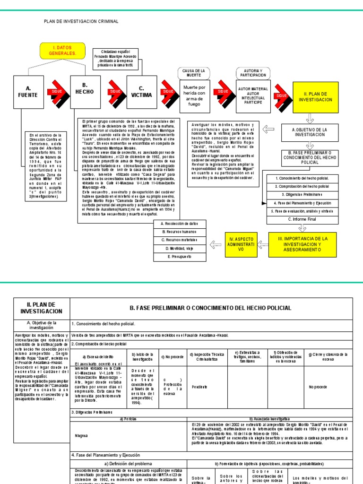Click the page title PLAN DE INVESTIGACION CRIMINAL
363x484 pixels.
click(x=81, y=21)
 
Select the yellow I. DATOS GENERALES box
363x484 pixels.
click(x=62, y=51)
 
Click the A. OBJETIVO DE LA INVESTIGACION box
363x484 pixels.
click(x=309, y=132)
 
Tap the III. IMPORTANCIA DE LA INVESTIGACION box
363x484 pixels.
click(x=302, y=243)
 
